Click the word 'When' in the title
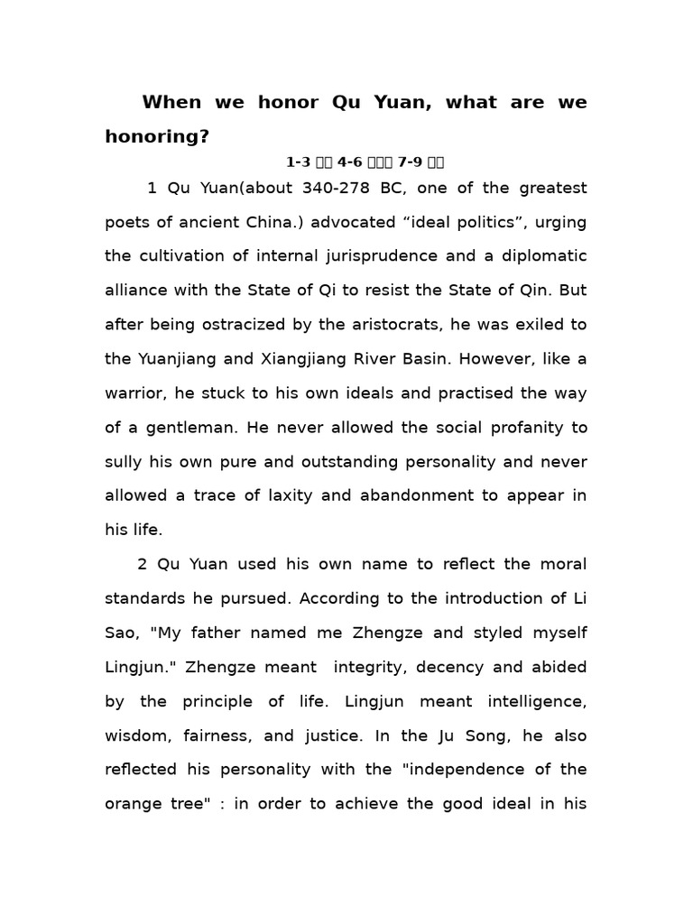tap(171, 103)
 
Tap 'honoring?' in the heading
tap(157, 136)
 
